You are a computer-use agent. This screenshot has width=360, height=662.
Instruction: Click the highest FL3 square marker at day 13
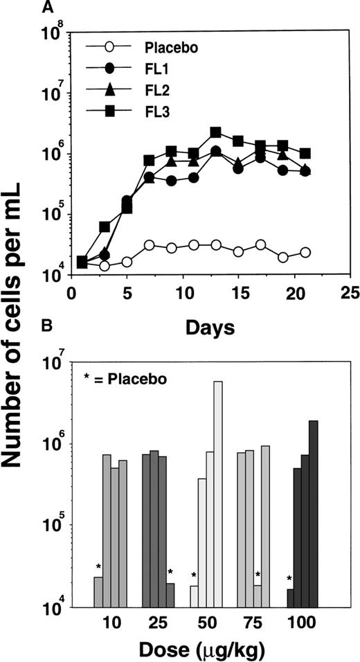click(215, 132)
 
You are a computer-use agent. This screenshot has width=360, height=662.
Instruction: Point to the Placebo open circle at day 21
click(305, 253)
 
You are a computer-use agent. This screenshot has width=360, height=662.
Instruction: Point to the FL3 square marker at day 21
click(305, 153)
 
